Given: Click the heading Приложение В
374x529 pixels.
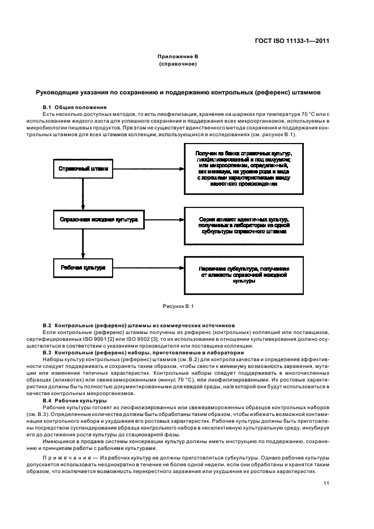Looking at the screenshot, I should (x=178, y=57).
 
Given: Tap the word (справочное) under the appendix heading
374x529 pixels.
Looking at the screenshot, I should (x=178, y=64).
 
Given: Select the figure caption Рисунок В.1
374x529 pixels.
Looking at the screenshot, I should (x=178, y=306).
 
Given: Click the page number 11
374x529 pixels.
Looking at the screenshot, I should (x=327, y=483).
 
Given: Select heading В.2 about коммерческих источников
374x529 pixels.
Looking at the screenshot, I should (x=139, y=326).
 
